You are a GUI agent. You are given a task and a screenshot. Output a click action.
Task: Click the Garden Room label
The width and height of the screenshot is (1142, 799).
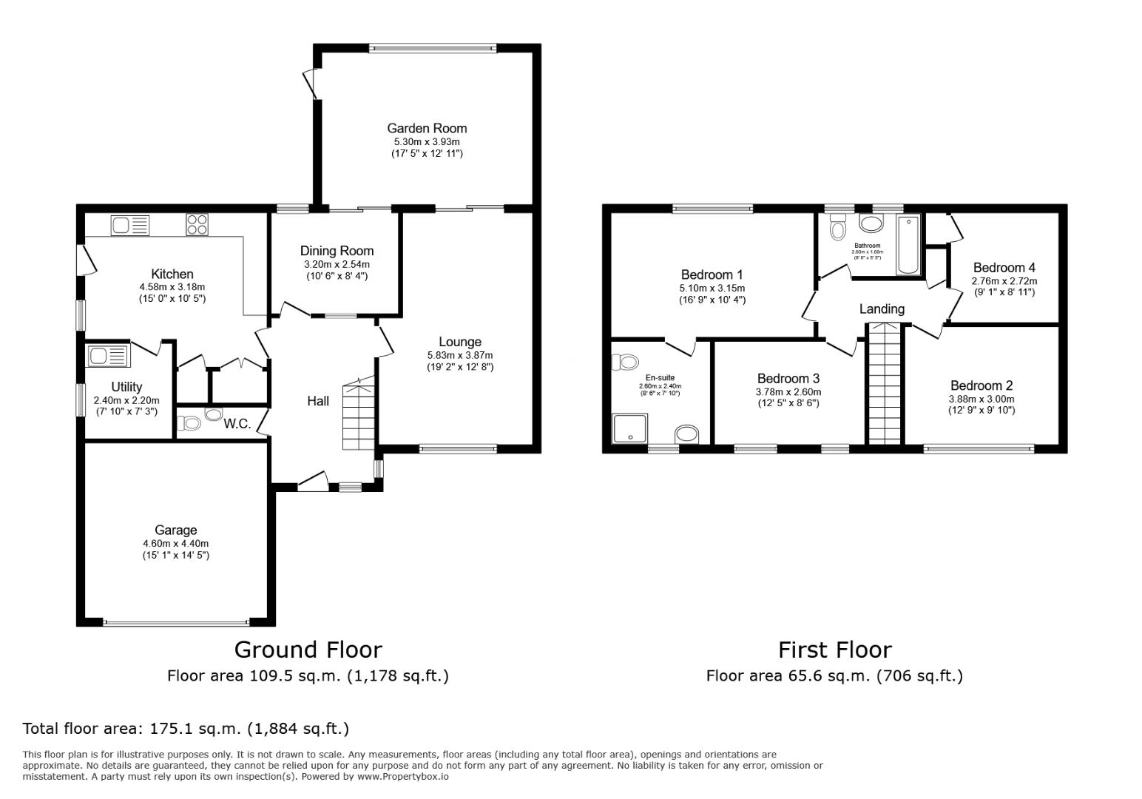coord(427,128)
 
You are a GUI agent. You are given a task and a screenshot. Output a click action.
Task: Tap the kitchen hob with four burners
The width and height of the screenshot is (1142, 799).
coord(197,223)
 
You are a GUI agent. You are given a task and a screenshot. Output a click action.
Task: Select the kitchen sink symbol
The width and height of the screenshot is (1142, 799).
coord(130,224)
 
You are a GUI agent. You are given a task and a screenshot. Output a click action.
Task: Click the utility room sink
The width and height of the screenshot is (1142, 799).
coord(108,356)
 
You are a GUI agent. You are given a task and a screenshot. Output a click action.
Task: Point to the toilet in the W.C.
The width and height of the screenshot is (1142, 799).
coord(189,423)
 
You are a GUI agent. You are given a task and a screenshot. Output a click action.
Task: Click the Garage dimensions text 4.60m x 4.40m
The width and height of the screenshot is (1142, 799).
coord(176,543)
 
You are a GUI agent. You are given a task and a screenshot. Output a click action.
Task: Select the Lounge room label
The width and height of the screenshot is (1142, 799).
coord(459,342)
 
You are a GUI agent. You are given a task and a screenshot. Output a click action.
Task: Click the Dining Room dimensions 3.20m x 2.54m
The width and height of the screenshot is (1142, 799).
coord(337,264)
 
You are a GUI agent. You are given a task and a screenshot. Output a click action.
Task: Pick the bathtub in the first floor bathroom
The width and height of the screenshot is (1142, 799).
coord(908,245)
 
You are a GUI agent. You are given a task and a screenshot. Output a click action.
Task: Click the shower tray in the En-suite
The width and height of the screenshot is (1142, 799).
coord(630,428)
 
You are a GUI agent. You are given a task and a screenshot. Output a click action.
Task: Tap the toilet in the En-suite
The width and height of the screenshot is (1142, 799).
coord(626,362)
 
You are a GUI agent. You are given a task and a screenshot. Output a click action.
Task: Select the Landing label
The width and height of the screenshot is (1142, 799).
coord(881,309)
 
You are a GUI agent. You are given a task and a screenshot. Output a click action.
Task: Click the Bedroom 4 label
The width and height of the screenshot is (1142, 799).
coord(1004,268)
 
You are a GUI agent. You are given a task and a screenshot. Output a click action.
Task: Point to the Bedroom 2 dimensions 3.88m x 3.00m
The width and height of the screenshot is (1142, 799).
coord(981,399)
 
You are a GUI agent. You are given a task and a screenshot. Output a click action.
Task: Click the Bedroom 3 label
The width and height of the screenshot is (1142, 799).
coord(788,379)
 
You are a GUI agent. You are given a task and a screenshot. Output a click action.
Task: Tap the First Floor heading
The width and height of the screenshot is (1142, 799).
coord(834,650)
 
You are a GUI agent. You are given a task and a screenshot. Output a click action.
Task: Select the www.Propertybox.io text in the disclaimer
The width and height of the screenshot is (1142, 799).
coord(403,777)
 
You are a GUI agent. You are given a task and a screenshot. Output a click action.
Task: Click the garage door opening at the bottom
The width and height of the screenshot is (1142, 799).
coord(176,623)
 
